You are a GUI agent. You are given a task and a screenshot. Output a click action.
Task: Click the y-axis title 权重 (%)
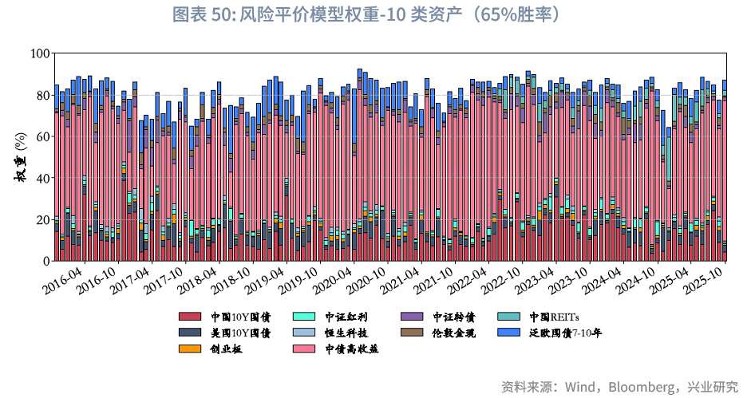pos(21,157)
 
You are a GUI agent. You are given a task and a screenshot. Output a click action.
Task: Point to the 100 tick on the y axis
pos(40,53)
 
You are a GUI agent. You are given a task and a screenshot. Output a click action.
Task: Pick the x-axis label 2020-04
pos(331,280)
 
